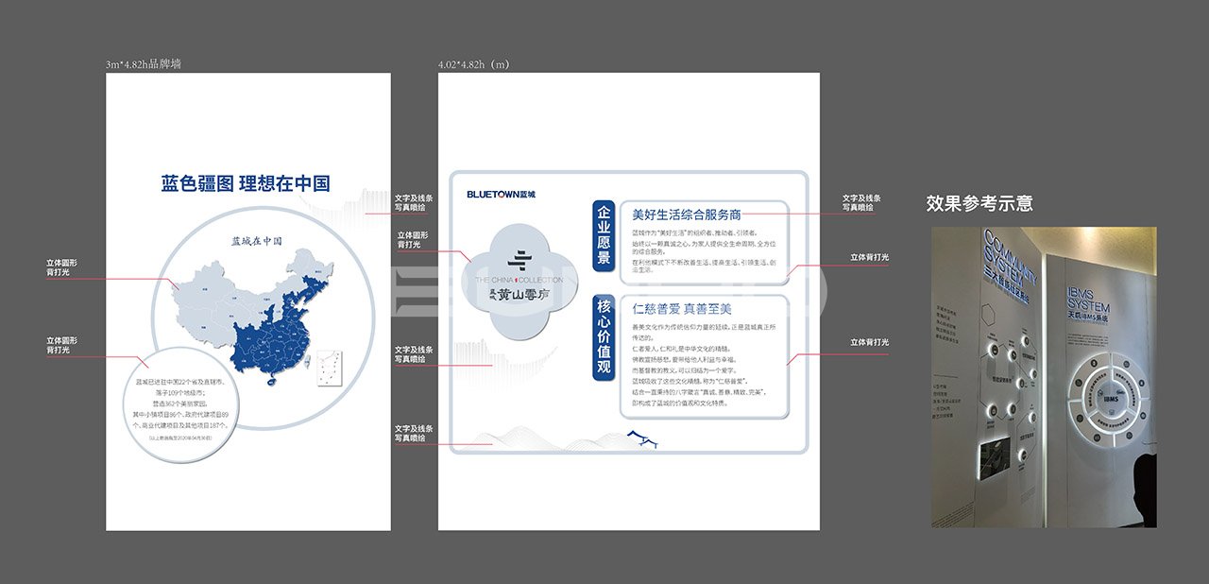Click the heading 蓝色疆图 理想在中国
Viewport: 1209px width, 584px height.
[x=246, y=183]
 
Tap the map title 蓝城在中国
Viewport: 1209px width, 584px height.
[x=256, y=241]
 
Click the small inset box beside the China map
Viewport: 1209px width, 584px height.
[x=327, y=369]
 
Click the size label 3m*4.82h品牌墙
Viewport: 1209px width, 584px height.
[x=144, y=64]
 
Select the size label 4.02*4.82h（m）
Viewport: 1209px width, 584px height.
[x=473, y=64]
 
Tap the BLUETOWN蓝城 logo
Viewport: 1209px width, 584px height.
[x=501, y=194]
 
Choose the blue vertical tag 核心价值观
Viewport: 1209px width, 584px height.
[x=604, y=337]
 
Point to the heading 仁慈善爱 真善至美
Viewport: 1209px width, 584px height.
[x=681, y=309]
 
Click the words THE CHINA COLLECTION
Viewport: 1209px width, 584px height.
[x=519, y=280]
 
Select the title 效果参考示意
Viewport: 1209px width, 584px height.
[x=979, y=203]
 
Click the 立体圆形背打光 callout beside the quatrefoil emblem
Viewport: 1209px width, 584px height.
[x=412, y=240]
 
